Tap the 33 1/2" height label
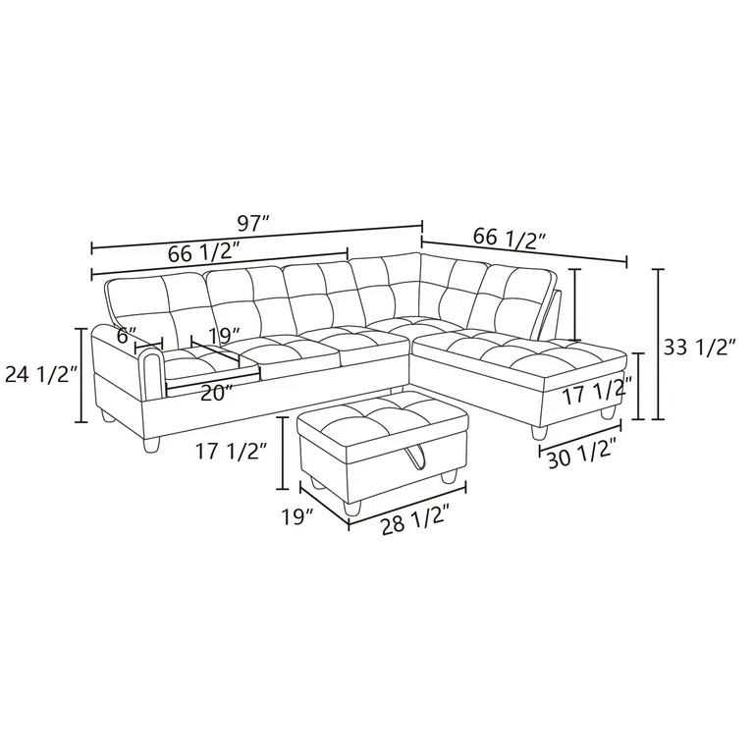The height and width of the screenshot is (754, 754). (x=701, y=347)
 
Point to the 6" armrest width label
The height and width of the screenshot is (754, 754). (x=125, y=335)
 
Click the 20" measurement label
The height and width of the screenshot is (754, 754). (x=217, y=393)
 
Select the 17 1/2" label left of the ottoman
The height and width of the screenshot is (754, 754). (x=232, y=452)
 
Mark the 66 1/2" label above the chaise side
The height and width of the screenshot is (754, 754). (x=510, y=238)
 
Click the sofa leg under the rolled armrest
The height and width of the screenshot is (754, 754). (x=149, y=447)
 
